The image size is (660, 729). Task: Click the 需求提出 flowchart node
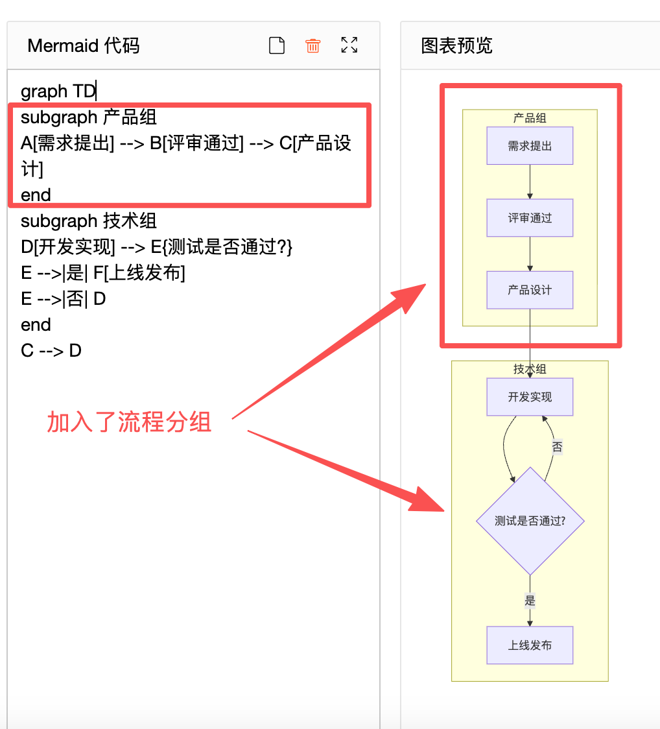click(x=530, y=146)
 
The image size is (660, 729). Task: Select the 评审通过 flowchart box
click(x=530, y=218)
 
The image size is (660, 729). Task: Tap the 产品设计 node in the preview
click(x=530, y=290)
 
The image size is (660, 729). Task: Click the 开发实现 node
click(x=530, y=397)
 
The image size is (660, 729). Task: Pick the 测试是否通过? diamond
click(x=530, y=521)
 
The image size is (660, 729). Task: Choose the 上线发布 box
click(x=530, y=645)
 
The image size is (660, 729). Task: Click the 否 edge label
click(x=557, y=447)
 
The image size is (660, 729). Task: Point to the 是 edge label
click(x=530, y=601)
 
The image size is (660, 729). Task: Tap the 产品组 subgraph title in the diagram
click(x=530, y=117)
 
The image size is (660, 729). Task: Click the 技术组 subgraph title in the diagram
click(x=530, y=368)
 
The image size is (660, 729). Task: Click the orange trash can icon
click(x=313, y=45)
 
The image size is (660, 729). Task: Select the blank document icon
click(x=277, y=45)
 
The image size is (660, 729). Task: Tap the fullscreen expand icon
click(x=349, y=45)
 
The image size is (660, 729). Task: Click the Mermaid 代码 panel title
click(x=84, y=45)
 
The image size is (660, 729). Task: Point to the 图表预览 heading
click(x=457, y=45)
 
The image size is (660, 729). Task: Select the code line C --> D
click(x=51, y=351)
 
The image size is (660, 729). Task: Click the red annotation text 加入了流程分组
click(x=129, y=422)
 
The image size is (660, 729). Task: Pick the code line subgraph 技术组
click(x=89, y=221)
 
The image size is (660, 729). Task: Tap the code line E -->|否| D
click(x=63, y=299)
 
